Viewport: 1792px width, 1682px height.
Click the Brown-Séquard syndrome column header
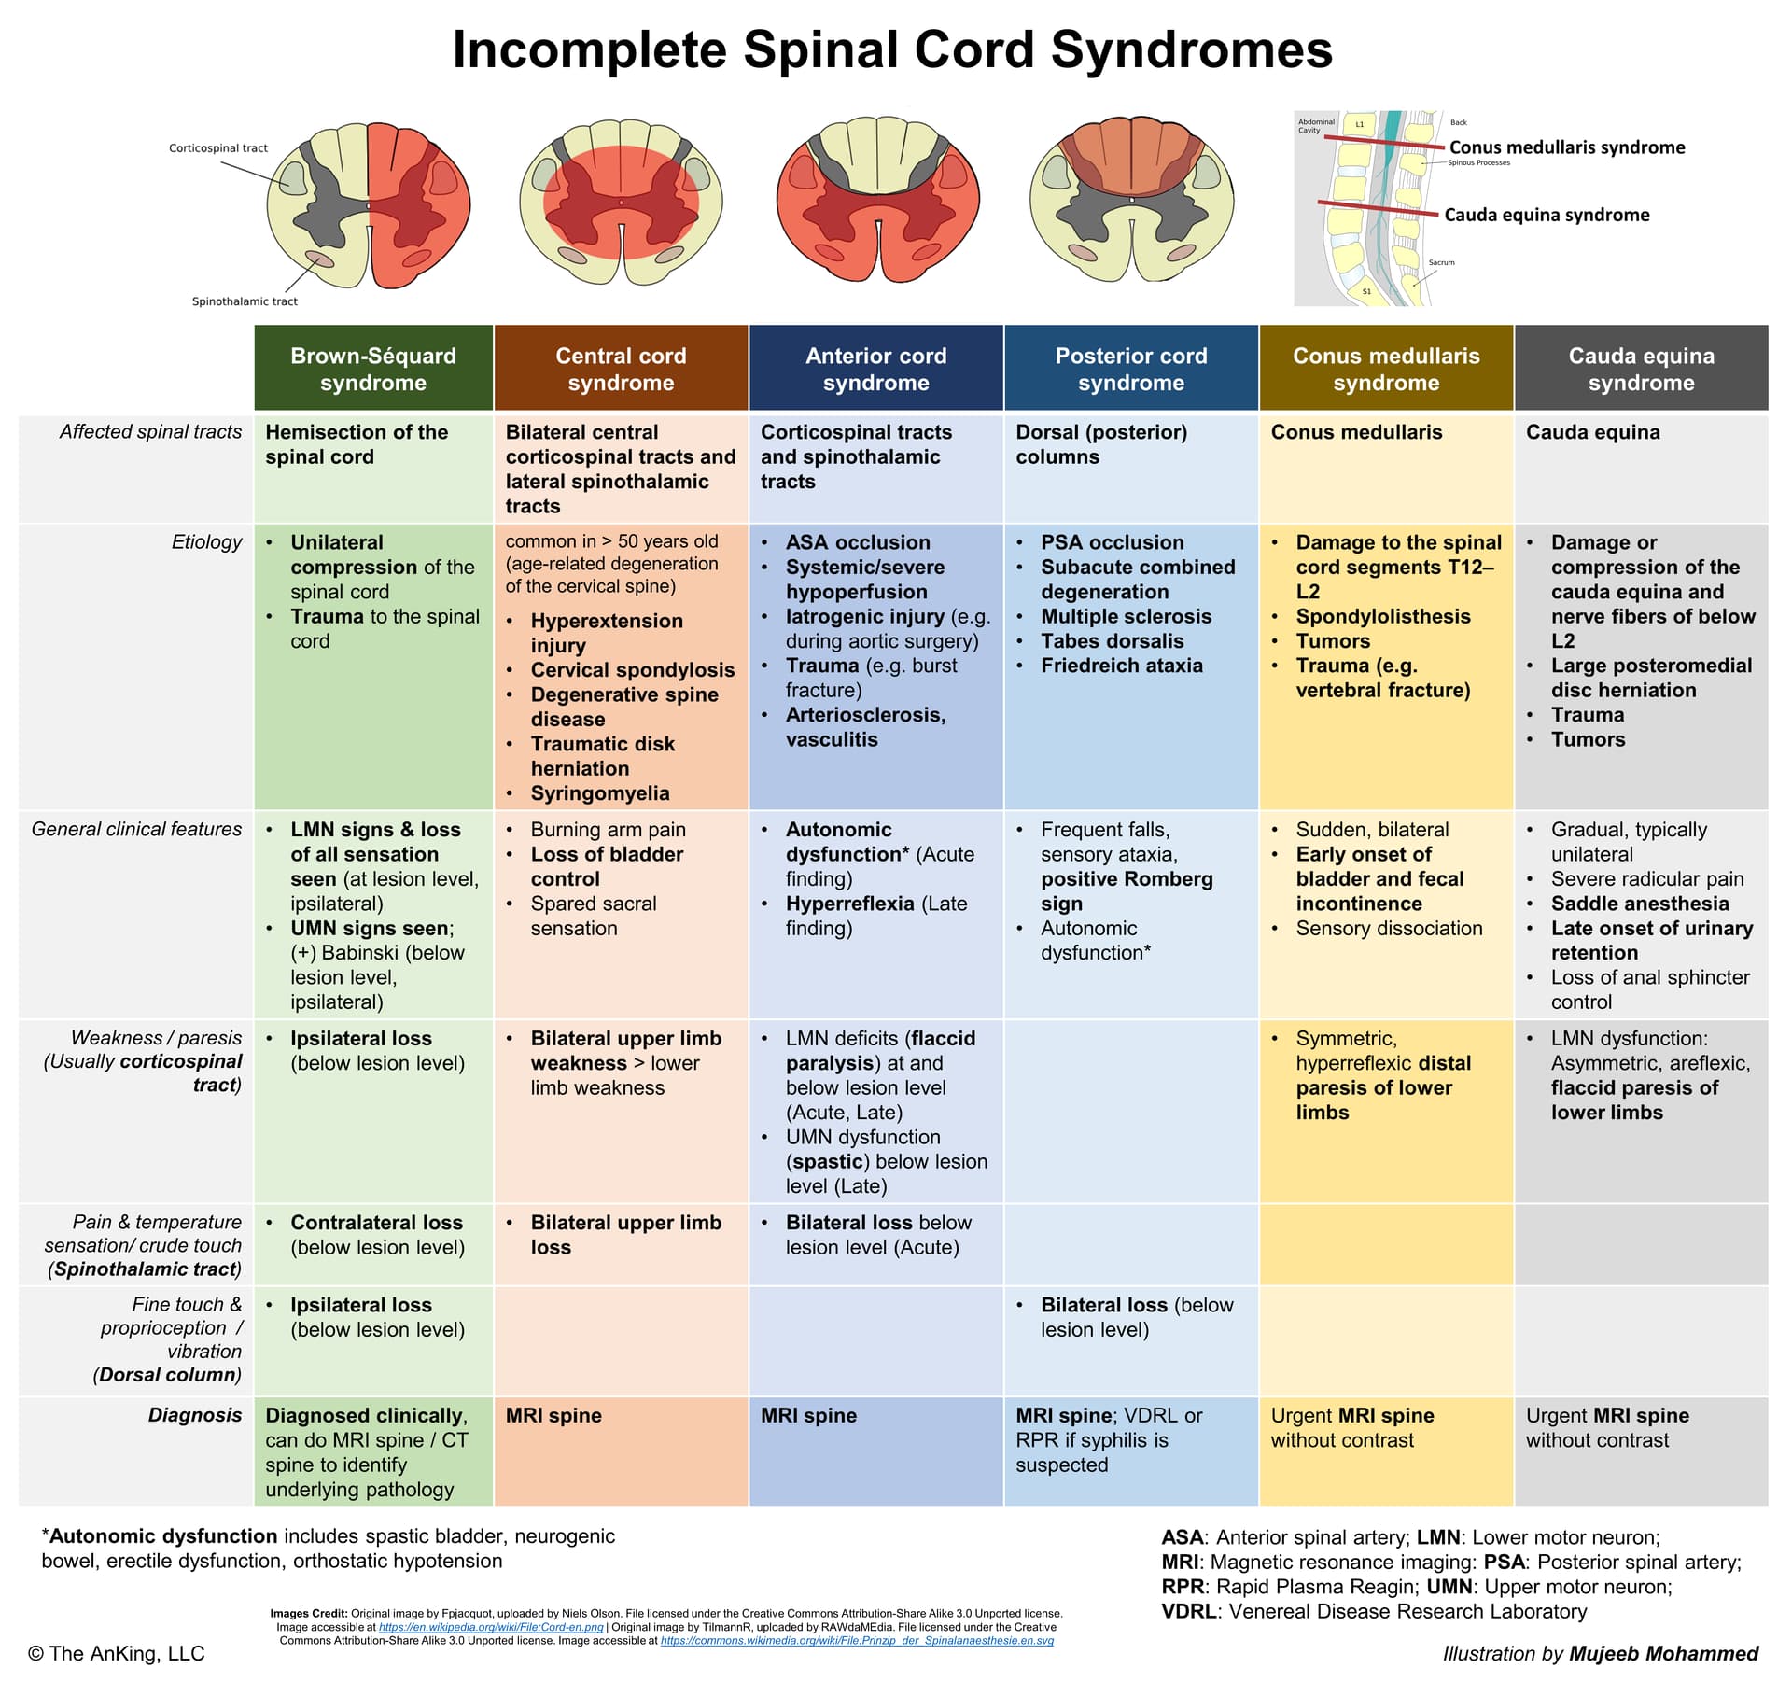[x=373, y=369]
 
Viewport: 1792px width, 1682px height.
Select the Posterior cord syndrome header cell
[x=1130, y=369]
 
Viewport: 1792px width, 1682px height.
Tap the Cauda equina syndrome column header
[x=1641, y=369]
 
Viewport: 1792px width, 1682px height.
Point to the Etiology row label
[x=206, y=542]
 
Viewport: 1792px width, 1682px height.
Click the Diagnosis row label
[x=194, y=1415]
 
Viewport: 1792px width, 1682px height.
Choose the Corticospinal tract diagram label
[x=218, y=148]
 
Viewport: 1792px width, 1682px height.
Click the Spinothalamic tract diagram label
[x=245, y=301]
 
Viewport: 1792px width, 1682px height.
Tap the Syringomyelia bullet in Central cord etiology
[x=599, y=793]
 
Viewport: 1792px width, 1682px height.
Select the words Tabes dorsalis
[x=1112, y=641]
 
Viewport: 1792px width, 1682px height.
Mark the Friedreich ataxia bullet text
[x=1121, y=666]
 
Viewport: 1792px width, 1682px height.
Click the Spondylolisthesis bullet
[x=1382, y=617]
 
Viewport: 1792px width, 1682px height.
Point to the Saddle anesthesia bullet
[x=1639, y=904]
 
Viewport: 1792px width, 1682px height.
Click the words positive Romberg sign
[x=1127, y=890]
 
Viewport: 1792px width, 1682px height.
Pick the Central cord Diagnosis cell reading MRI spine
[x=553, y=1416]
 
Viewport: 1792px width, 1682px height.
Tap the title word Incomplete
[x=590, y=50]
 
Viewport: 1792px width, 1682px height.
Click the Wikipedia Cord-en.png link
[x=491, y=1627]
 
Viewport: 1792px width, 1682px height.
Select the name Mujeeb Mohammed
[x=1663, y=1654]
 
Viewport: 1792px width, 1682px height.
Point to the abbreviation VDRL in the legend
[x=1190, y=1612]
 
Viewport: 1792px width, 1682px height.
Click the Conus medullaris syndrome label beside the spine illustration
[x=1567, y=147]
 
